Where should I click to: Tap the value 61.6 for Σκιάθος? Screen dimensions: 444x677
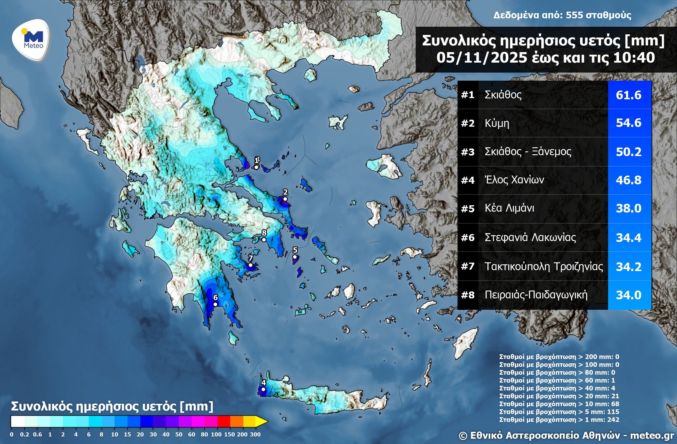coord(628,95)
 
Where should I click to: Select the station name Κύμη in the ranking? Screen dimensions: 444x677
coord(497,123)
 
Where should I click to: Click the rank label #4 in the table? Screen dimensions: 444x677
coord(468,180)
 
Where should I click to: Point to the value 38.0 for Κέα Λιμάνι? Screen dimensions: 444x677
coord(628,208)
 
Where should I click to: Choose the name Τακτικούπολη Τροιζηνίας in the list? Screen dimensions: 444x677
coord(543,266)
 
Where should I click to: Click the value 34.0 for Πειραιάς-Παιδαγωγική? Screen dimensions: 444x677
coord(628,295)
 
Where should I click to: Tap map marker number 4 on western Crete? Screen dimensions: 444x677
coord(263,389)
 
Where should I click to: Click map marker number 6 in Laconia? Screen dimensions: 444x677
coord(215,304)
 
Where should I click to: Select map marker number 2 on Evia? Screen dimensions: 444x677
coord(285,199)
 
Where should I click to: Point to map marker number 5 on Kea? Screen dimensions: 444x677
coord(295,257)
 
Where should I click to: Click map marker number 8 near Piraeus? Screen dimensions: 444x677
coord(264,240)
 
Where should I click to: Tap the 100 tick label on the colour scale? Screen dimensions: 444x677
coord(216,434)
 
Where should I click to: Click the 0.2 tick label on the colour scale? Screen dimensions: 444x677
coord(24,434)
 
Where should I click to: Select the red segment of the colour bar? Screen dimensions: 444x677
coord(224,421)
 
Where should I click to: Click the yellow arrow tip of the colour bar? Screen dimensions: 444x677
coord(262,421)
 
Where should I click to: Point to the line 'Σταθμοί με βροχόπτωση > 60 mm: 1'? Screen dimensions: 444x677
coord(557,380)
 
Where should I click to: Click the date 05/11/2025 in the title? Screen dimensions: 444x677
coord(482,58)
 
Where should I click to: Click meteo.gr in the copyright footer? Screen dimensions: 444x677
coord(652,436)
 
